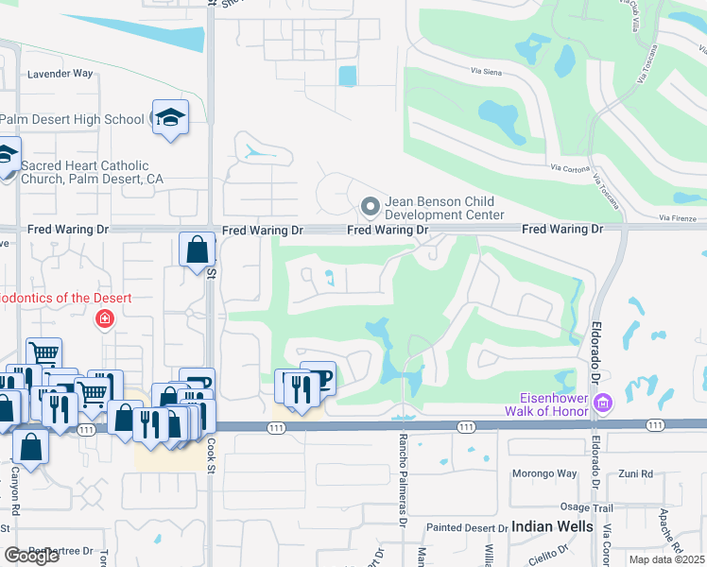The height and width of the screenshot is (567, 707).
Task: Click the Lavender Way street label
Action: tap(60, 73)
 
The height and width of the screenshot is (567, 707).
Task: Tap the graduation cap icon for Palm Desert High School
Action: tap(170, 117)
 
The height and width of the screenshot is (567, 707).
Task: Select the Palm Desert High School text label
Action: tap(72, 119)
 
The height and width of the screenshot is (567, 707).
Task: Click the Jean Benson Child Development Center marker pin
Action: tap(370, 205)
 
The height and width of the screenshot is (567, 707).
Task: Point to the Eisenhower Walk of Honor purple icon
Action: tap(604, 404)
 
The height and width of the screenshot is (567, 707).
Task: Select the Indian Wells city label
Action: tap(552, 526)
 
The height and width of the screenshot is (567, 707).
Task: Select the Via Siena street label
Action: tap(490, 71)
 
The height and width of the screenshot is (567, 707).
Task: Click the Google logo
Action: tap(32, 556)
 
